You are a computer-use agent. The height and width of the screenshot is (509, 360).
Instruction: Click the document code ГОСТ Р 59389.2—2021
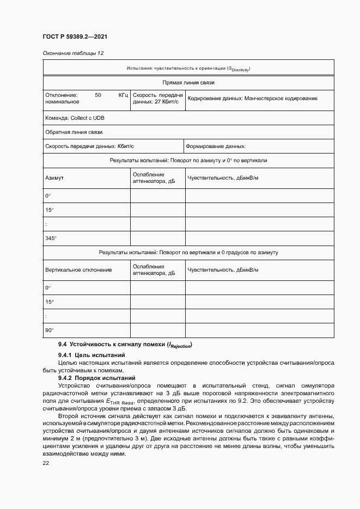pos(75,38)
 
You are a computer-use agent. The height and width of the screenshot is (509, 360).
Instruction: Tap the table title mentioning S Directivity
pos(188,69)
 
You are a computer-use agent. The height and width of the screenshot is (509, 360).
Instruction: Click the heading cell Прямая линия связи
pos(188,83)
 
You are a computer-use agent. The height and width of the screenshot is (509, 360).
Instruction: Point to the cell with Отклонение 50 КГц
pos(86,98)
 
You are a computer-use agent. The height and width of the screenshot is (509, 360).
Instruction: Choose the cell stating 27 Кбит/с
pos(156,98)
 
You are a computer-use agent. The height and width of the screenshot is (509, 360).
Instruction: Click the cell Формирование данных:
pos(216,146)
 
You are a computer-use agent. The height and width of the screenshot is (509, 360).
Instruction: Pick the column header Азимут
pos(54,178)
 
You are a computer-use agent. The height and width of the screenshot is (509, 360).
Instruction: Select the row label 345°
pos(51,238)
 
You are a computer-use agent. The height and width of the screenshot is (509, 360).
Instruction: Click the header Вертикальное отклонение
pos(78,269)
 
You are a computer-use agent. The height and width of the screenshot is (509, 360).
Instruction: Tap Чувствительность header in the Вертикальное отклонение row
pos(223,269)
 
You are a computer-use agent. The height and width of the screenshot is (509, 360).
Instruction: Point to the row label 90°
pos(49,330)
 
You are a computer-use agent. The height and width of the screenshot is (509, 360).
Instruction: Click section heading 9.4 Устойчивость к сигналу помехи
pos(126,345)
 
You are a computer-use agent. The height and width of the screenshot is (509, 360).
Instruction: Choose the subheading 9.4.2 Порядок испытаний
pos(96,378)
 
